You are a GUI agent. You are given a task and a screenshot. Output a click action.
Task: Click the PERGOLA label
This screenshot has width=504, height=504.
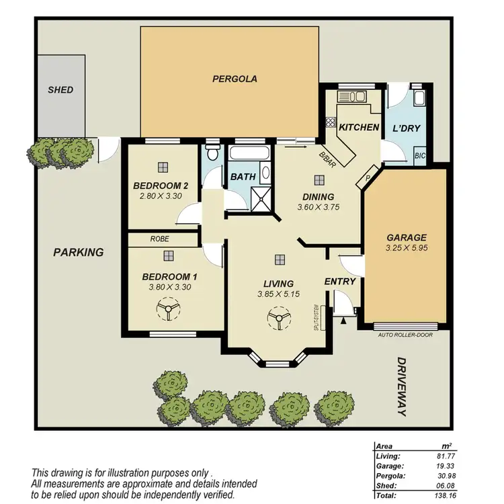[x=235, y=79]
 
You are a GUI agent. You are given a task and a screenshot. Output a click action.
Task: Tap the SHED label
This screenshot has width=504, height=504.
[x=60, y=89]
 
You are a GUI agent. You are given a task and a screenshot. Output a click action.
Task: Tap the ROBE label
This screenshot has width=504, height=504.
[x=159, y=239]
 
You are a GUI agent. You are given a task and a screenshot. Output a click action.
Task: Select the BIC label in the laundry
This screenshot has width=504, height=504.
[x=421, y=155]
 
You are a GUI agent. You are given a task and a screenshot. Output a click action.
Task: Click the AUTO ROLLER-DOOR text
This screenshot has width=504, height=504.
[x=406, y=334]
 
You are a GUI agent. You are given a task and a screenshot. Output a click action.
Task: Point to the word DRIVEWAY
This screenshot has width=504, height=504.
[x=401, y=386]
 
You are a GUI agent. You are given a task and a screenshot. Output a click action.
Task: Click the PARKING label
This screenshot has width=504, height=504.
[x=79, y=253]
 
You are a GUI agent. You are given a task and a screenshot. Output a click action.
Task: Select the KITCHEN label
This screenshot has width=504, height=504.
[x=358, y=128]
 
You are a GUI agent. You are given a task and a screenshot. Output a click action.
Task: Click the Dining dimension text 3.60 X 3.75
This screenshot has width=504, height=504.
[x=319, y=207]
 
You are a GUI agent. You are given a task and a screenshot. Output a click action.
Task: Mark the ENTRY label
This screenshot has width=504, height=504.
[x=339, y=282]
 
